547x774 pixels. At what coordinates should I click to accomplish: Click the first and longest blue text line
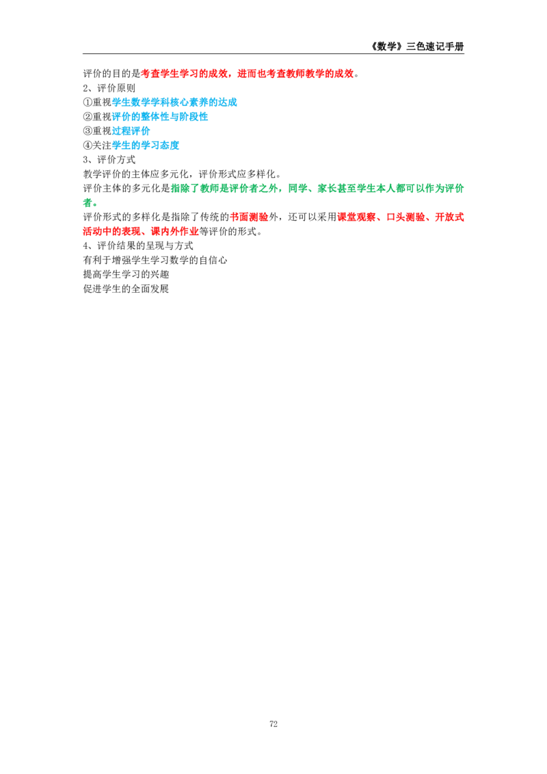point(175,103)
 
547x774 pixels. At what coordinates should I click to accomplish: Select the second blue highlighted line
point(161,119)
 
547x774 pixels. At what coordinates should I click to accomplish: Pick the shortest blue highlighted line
point(130,130)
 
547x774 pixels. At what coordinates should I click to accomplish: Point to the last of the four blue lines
point(146,145)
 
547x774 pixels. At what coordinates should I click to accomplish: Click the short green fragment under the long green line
point(90,202)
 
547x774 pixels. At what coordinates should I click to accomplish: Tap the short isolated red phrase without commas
point(248,218)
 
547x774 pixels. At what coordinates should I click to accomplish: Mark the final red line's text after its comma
point(174,232)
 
